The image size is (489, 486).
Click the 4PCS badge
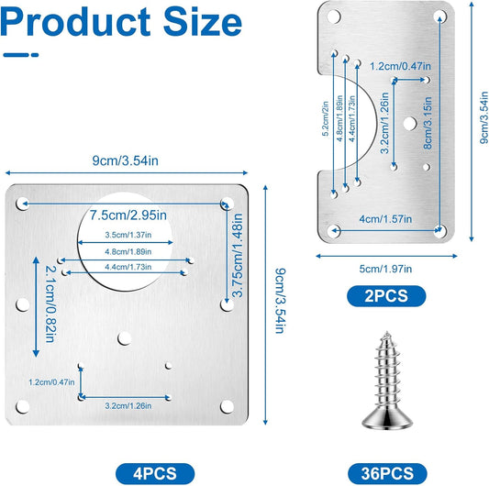point(155,473)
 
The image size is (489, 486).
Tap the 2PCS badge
point(386,295)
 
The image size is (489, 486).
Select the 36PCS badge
point(387,473)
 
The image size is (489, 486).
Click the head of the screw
point(387,418)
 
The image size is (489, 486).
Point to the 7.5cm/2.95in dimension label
point(128,215)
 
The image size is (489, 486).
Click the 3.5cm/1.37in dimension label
point(128,235)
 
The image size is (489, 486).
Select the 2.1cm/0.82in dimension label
point(50,304)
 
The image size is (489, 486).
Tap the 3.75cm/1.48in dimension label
point(238,255)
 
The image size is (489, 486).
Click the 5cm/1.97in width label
point(385,269)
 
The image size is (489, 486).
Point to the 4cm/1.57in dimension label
point(385,219)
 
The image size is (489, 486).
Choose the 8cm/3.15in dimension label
point(428,123)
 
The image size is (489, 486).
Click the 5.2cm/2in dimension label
point(326,118)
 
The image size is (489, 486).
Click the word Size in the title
point(203,22)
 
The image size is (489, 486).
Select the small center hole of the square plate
point(124,339)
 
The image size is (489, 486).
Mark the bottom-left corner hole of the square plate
point(22,406)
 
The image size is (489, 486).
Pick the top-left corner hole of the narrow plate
point(334,17)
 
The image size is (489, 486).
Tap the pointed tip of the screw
point(387,332)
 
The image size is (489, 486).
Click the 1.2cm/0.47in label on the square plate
point(51,381)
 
